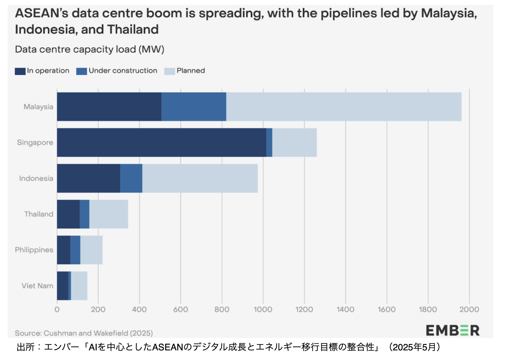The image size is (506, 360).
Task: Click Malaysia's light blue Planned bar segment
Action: [344, 107]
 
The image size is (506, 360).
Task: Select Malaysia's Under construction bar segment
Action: [194, 107]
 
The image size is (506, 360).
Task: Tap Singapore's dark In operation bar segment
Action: [161, 143]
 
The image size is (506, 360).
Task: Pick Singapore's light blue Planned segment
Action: [294, 143]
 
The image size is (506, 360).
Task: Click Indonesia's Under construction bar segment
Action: [131, 178]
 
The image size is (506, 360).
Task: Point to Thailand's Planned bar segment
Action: [109, 214]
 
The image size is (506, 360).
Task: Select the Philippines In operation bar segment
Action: [63, 250]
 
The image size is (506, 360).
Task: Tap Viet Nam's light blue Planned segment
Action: [79, 286]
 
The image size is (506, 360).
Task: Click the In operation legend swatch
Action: [20, 71]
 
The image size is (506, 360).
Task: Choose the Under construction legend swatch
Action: [82, 71]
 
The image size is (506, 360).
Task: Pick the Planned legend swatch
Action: [169, 71]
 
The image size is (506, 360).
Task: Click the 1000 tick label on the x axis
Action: [263, 309]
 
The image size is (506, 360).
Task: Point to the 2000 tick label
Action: [469, 309]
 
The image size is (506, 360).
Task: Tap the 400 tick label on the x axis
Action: [139, 309]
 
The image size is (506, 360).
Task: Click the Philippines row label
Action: [34, 250]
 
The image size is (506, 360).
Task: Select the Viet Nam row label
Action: [37, 286]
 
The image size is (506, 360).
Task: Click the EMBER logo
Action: [453, 330]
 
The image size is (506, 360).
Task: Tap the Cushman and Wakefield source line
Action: [84, 333]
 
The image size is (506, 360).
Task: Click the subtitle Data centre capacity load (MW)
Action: [90, 49]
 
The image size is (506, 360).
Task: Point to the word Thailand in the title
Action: [133, 29]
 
